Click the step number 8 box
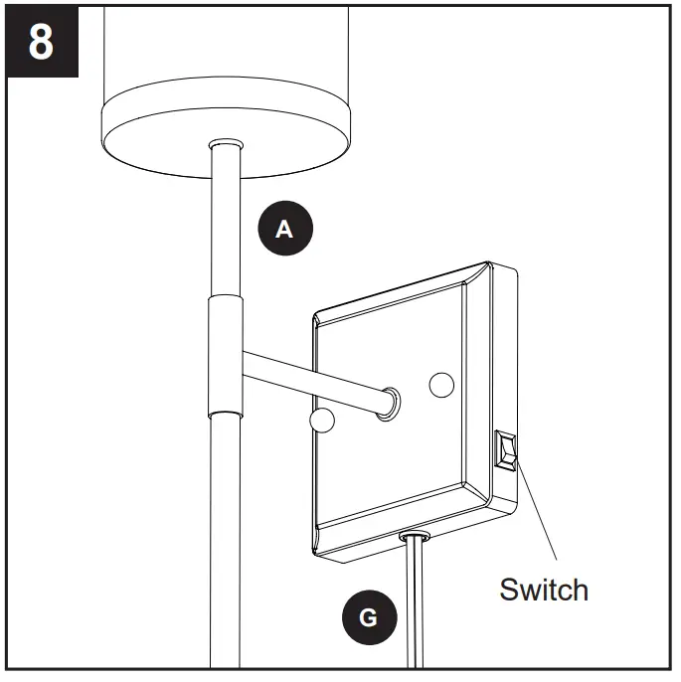(x=41, y=43)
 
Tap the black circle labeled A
(x=284, y=229)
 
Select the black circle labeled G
(x=368, y=617)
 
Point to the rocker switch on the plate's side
(x=505, y=450)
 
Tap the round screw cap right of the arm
(x=441, y=384)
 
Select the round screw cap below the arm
(x=319, y=420)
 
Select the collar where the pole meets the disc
(x=225, y=146)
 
